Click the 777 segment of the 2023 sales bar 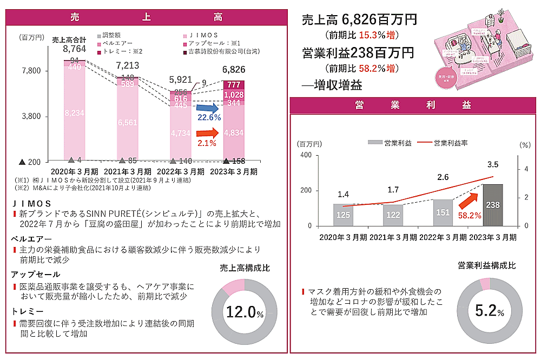pyautogui.click(x=234, y=85)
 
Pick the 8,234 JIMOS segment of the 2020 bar pyautogui.click(x=74, y=112)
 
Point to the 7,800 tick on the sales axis pyautogui.click(x=31, y=71)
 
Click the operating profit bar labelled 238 pyautogui.click(x=492, y=205)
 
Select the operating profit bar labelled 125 pyautogui.click(x=343, y=215)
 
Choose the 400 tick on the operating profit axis pyautogui.click(x=306, y=156)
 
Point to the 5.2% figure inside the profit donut pyautogui.click(x=489, y=311)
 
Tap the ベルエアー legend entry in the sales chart pyautogui.click(x=114, y=43)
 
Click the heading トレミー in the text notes pyautogui.click(x=27, y=311)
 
